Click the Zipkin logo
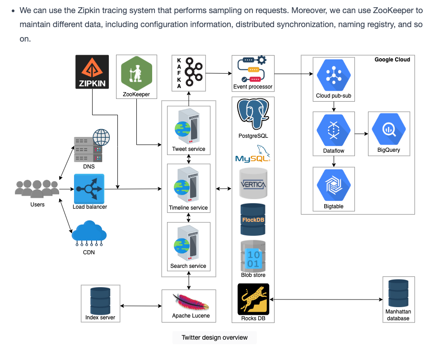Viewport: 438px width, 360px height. [92, 72]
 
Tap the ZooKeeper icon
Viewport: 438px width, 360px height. [137, 73]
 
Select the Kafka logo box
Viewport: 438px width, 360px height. [189, 73]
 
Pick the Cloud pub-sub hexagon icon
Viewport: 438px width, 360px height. [334, 75]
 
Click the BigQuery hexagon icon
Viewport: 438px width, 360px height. [389, 129]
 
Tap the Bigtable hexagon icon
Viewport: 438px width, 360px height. [334, 185]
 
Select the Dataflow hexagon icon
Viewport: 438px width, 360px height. [334, 131]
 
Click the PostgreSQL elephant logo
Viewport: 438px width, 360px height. [253, 114]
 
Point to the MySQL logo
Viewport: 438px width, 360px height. [253, 154]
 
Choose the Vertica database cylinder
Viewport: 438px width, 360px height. [253, 183]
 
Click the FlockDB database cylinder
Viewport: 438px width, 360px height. [253, 220]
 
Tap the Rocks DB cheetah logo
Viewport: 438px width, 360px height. [253, 299]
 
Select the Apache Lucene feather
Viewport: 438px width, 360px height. [191, 302]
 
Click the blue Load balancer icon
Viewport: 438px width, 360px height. [89, 189]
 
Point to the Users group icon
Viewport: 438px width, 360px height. [37, 189]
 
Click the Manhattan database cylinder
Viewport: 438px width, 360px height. [398, 293]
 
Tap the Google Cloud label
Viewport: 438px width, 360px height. [392, 60]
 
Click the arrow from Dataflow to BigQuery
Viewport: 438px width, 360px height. [361, 134]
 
